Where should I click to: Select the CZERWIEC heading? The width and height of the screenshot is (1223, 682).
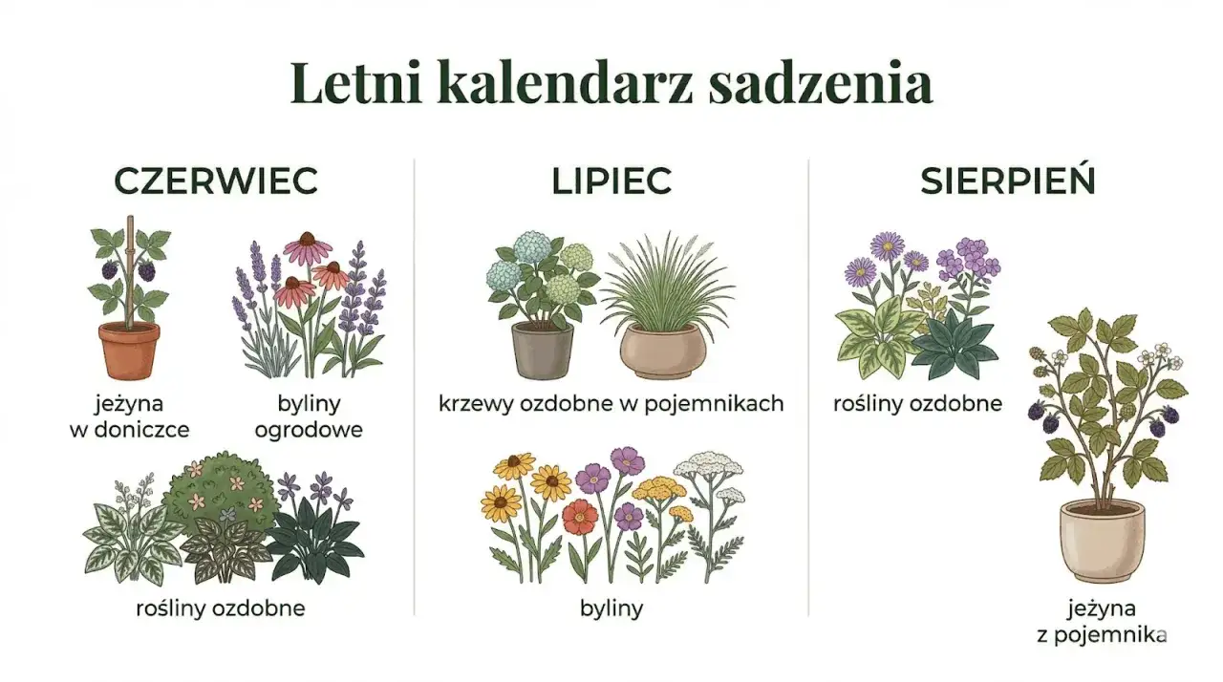pyautogui.click(x=216, y=181)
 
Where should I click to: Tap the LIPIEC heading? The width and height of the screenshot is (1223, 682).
pyautogui.click(x=611, y=181)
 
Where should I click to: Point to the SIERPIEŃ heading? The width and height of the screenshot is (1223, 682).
pyautogui.click(x=1007, y=181)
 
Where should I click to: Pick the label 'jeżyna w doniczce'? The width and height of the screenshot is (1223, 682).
pyautogui.click(x=130, y=416)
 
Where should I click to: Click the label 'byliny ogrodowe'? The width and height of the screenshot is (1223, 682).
pyautogui.click(x=309, y=416)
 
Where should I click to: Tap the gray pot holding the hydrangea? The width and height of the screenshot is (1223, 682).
pyautogui.click(x=542, y=350)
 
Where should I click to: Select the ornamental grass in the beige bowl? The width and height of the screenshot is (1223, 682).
pyautogui.click(x=659, y=287)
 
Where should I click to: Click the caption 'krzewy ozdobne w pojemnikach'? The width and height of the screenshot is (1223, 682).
pyautogui.click(x=611, y=403)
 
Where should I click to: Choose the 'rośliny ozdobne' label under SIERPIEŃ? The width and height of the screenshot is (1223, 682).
pyautogui.click(x=917, y=403)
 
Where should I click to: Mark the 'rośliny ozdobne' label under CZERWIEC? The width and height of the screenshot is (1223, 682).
pyautogui.click(x=221, y=607)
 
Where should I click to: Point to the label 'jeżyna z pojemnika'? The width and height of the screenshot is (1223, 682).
pyautogui.click(x=1102, y=621)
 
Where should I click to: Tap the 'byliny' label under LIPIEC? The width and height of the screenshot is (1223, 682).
pyautogui.click(x=611, y=607)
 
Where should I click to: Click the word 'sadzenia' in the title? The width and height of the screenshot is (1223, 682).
pyautogui.click(x=820, y=82)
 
